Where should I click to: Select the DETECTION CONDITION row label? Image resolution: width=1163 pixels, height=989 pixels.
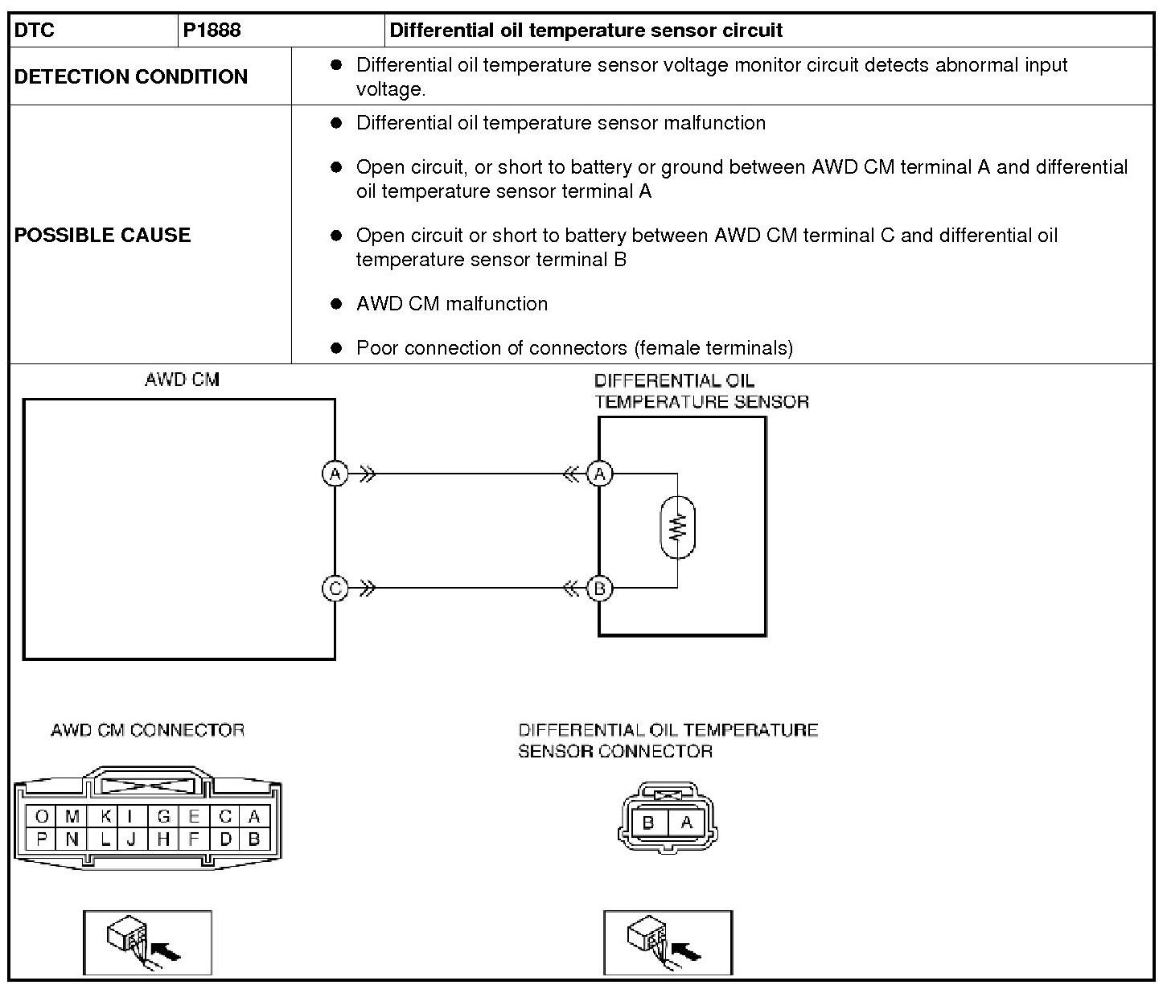point(131,76)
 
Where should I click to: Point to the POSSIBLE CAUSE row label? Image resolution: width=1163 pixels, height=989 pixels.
point(103,235)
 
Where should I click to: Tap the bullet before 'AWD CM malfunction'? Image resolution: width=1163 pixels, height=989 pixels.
point(337,304)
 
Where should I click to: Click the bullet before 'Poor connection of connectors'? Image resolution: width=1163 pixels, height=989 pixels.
point(337,348)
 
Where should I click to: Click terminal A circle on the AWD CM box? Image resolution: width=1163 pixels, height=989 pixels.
point(335,474)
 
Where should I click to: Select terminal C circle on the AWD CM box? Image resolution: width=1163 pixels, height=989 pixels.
point(335,589)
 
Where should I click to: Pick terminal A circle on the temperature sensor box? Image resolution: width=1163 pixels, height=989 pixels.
point(599,474)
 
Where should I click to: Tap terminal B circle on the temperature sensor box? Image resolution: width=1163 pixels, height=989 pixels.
point(599,589)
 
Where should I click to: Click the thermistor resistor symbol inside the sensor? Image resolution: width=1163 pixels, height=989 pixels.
point(677,527)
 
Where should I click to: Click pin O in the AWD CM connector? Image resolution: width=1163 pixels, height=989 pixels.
point(42,817)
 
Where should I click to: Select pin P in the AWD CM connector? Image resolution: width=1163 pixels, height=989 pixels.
point(42,839)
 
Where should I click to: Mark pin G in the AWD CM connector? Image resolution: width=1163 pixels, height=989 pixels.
point(164,817)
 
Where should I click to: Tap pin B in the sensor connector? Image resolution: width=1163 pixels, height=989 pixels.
point(649,823)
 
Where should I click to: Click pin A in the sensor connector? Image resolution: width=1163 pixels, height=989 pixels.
point(686,823)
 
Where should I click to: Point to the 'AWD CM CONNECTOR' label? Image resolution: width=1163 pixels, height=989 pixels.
point(147,730)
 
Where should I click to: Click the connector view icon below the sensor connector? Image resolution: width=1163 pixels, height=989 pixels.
point(668,942)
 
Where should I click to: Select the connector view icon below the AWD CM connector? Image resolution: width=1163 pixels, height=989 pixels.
point(147,942)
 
